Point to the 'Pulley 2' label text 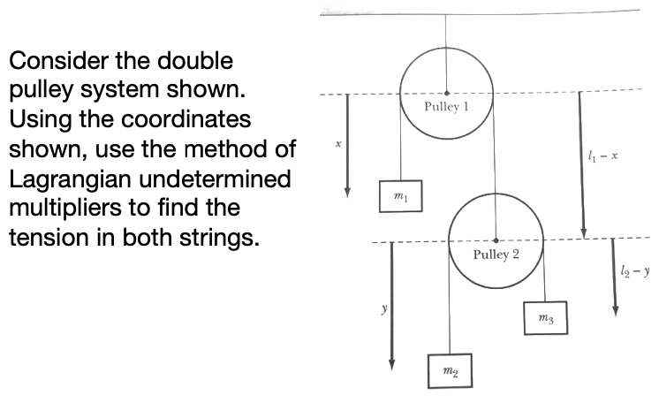(x=496, y=255)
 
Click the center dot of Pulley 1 (x=446, y=92)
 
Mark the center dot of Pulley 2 (x=496, y=240)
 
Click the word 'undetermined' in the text (x=227, y=179)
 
